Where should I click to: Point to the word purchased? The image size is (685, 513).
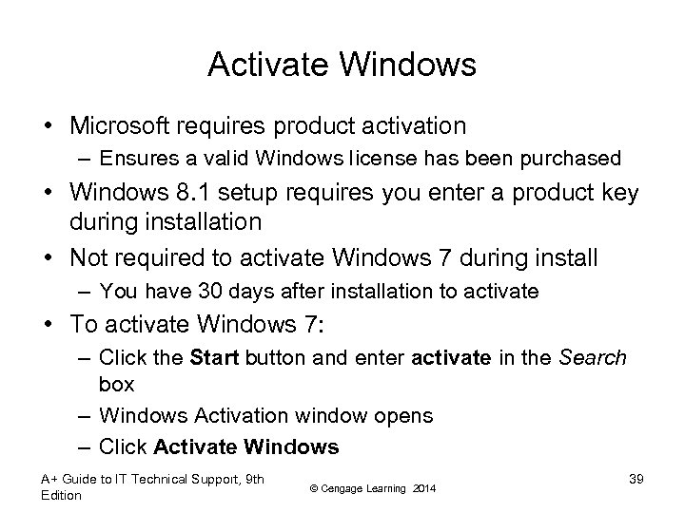577,158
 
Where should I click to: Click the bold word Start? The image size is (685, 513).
216,358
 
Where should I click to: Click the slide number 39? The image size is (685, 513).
636,479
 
